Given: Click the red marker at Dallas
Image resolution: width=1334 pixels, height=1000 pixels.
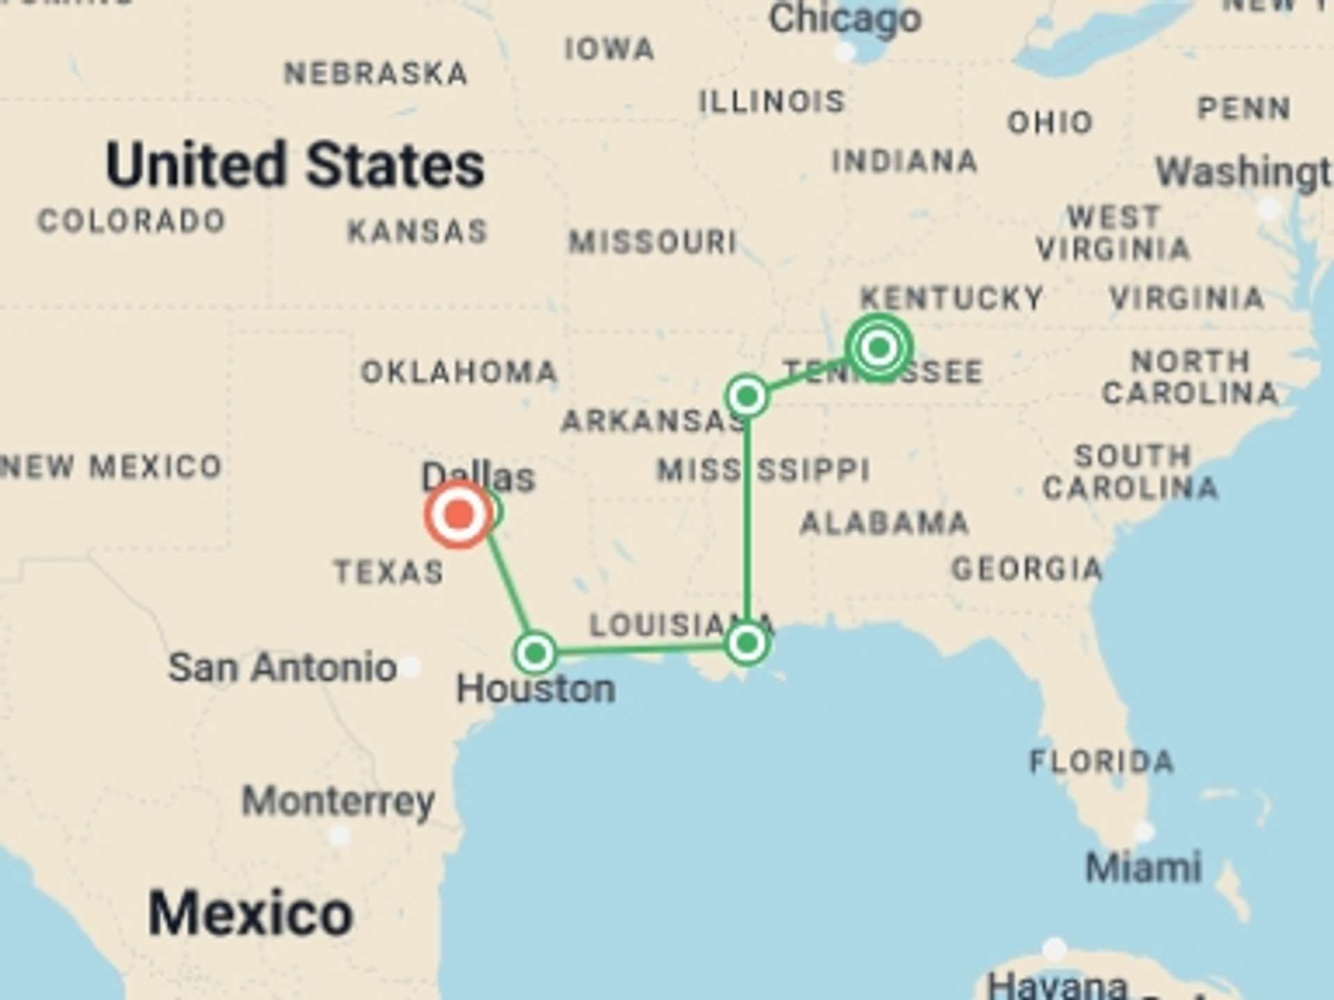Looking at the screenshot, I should [459, 515].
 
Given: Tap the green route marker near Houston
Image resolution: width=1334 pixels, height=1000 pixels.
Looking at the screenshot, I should [535, 653].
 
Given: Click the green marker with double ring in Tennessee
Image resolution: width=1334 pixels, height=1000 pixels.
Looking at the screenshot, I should [879, 347].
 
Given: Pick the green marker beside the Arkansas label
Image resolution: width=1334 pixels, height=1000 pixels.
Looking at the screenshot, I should [747, 397].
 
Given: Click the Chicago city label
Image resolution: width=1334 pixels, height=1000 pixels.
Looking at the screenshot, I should [845, 19].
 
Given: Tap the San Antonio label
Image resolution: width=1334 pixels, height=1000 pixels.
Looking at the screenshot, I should [282, 667].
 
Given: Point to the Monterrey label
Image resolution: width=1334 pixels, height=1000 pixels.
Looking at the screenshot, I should [338, 801].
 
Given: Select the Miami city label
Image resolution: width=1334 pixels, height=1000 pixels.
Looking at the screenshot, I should [1143, 867].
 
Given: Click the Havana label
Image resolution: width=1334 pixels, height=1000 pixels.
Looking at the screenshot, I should [1057, 985].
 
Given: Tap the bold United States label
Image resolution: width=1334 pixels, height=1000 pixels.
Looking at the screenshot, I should [295, 165].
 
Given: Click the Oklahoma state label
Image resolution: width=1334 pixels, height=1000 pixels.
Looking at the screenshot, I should [459, 372].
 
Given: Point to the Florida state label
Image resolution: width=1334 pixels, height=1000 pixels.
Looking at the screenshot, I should [1101, 762].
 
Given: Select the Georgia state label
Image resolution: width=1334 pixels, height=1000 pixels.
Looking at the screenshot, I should [1026, 569].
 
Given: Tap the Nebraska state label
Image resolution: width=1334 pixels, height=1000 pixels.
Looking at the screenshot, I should [376, 74].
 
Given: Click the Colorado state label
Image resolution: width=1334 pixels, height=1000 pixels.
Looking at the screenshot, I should [131, 222].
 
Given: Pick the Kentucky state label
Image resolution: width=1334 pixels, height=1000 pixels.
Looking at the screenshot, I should [952, 298].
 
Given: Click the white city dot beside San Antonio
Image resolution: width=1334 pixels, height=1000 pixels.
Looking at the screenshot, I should [411, 667].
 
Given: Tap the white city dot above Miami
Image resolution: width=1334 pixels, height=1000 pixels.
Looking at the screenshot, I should [1143, 831].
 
